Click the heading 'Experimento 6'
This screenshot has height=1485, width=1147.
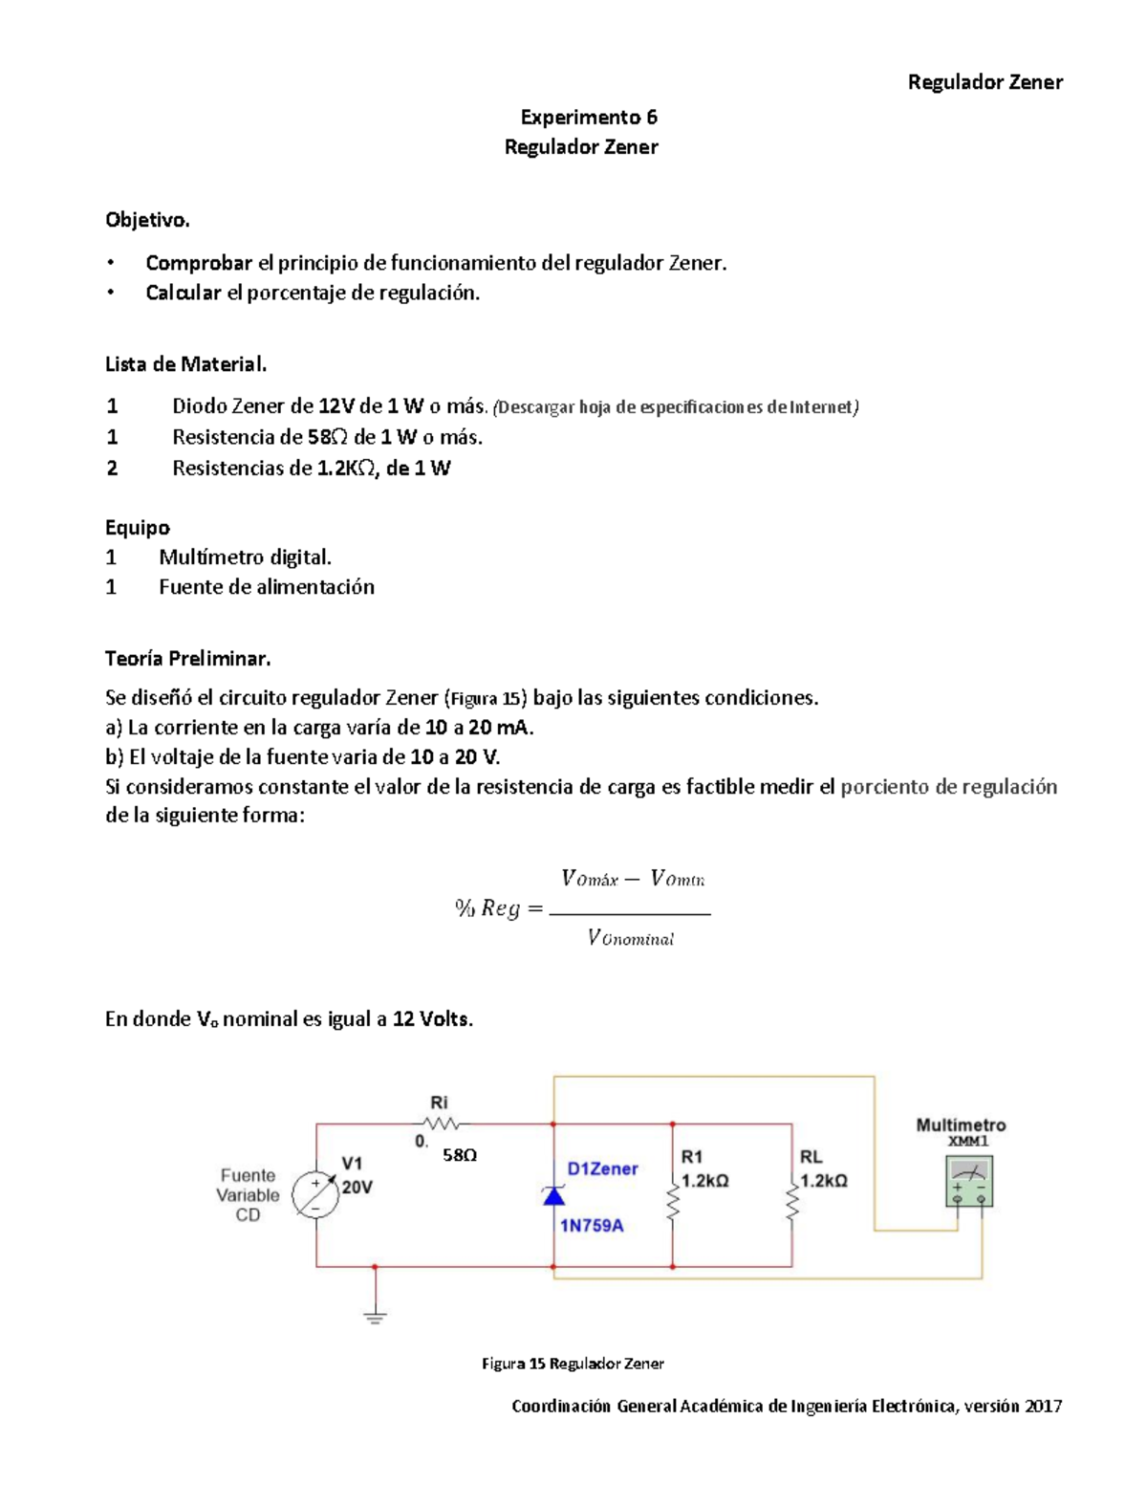[x=588, y=118]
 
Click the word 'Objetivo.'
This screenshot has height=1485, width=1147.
[x=147, y=220]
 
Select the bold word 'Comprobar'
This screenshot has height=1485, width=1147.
[x=199, y=263]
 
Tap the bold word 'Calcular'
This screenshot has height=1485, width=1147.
[x=184, y=293]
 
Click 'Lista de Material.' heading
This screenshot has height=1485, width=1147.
[x=185, y=364]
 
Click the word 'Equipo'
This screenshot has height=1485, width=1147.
[x=138, y=528]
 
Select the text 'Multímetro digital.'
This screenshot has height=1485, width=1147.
[x=245, y=557]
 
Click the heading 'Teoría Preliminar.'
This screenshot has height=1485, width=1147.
[x=187, y=659]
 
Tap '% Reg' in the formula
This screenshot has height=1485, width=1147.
[x=487, y=908]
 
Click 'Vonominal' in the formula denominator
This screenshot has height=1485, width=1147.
[x=631, y=938]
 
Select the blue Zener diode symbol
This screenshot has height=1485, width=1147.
[x=553, y=1195]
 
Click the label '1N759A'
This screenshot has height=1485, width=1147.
[x=592, y=1226]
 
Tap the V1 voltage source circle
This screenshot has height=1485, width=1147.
[x=314, y=1195]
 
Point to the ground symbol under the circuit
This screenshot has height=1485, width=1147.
[x=375, y=1317]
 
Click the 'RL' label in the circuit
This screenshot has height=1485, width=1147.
[x=811, y=1157]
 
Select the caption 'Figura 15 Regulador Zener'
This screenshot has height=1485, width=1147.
[x=573, y=1364]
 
